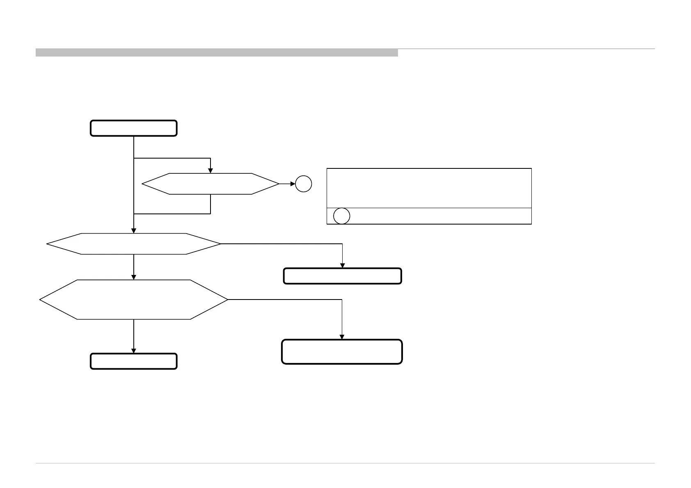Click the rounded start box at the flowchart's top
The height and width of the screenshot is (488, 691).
click(x=133, y=128)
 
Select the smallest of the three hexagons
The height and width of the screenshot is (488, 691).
click(x=211, y=184)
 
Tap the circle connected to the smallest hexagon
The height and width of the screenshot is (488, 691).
click(x=304, y=184)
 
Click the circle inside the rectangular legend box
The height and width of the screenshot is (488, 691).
click(x=342, y=216)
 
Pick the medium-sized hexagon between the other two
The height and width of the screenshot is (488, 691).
click(x=134, y=244)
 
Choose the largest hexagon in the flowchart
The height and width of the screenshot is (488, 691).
click(x=134, y=300)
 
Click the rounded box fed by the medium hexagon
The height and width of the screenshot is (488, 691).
click(x=342, y=276)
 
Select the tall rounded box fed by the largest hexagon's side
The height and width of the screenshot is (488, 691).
click(x=342, y=352)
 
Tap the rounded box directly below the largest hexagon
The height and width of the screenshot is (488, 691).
click(x=133, y=361)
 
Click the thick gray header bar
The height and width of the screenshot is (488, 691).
click(x=217, y=52)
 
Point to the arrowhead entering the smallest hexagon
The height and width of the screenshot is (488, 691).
click(x=211, y=171)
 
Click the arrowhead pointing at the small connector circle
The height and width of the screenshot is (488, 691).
click(x=293, y=184)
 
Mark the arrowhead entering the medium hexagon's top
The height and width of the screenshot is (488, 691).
click(x=134, y=231)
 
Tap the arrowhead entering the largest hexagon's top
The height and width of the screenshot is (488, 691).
click(x=134, y=277)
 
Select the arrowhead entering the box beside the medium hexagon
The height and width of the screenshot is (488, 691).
click(x=342, y=266)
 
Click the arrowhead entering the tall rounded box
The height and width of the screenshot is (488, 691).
click(x=342, y=337)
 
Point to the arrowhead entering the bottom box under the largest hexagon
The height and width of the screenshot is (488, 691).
click(x=134, y=351)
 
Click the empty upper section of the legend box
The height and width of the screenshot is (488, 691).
click(x=429, y=188)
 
